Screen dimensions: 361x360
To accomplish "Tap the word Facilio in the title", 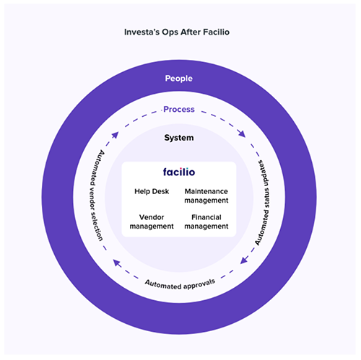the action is pyautogui.click(x=216, y=32).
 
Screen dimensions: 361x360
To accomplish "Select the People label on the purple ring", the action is pyautogui.click(x=179, y=79).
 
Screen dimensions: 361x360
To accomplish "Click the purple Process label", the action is pyautogui.click(x=179, y=110).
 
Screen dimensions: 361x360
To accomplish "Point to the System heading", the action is pyautogui.click(x=179, y=138).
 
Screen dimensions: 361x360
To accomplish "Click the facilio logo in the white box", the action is pyautogui.click(x=179, y=172).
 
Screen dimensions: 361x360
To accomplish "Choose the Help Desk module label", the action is pyautogui.click(x=152, y=191).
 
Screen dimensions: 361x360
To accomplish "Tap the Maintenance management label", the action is pyautogui.click(x=206, y=196).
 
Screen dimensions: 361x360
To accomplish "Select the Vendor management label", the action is pyautogui.click(x=152, y=221).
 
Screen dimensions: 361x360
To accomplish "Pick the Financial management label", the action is pyautogui.click(x=206, y=221).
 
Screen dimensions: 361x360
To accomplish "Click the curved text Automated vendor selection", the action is pyautogui.click(x=96, y=196).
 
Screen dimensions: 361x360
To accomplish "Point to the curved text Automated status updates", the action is pyautogui.click(x=263, y=203).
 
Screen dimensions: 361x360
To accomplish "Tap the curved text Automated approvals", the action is pyautogui.click(x=180, y=284).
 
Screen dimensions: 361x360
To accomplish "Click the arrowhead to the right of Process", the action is pyautogui.click(x=242, y=133).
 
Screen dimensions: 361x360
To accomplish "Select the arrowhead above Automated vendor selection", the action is pyautogui.click(x=116, y=135).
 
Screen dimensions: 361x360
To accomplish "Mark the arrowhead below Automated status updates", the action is pyautogui.click(x=244, y=260).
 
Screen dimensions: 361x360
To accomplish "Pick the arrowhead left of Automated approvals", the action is pyautogui.click(x=117, y=263).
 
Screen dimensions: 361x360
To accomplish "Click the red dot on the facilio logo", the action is pyautogui.click(x=180, y=168).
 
